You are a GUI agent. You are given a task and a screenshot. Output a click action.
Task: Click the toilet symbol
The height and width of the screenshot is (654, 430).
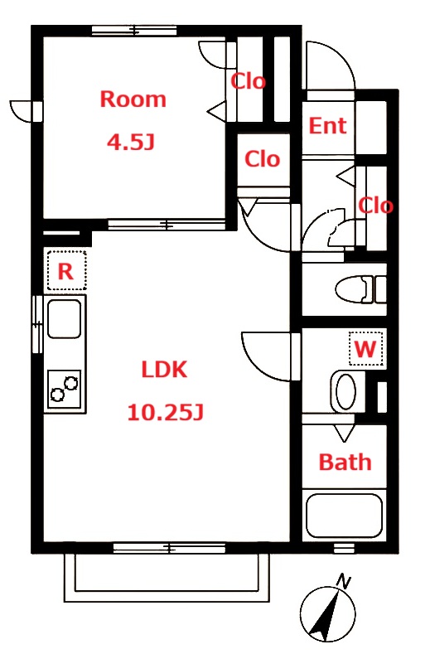360,288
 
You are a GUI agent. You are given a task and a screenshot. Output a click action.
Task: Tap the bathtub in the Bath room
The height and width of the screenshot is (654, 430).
345,516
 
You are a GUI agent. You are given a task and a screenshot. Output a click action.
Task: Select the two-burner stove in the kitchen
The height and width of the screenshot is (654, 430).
65,389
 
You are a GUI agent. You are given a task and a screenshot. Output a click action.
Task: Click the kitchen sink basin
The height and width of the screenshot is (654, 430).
65,318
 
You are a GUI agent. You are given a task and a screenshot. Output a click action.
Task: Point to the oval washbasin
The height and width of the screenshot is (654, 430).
345,392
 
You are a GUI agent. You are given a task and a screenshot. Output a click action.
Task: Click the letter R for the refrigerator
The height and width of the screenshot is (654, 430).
65,272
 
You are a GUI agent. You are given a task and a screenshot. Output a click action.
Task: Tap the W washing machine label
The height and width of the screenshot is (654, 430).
365,349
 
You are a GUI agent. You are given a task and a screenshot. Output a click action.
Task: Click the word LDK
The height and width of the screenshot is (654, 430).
164,370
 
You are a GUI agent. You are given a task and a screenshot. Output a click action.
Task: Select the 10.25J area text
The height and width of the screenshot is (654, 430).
165,412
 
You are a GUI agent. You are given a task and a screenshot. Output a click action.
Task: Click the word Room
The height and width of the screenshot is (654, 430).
133,99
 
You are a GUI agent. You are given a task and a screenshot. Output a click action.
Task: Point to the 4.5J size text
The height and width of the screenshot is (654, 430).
131,143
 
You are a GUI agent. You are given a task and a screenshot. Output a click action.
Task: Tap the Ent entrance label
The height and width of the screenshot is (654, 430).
327,125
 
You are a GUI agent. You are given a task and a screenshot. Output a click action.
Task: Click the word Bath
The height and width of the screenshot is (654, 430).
345,463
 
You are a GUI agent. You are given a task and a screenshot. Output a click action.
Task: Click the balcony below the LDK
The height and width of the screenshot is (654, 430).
167,577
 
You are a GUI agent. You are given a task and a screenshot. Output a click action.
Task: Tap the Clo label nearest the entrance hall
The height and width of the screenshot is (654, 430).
375,206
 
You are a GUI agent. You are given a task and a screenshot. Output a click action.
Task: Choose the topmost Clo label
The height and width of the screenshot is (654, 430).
249,81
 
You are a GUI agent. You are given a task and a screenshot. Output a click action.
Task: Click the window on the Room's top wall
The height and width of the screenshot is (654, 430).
134,31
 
